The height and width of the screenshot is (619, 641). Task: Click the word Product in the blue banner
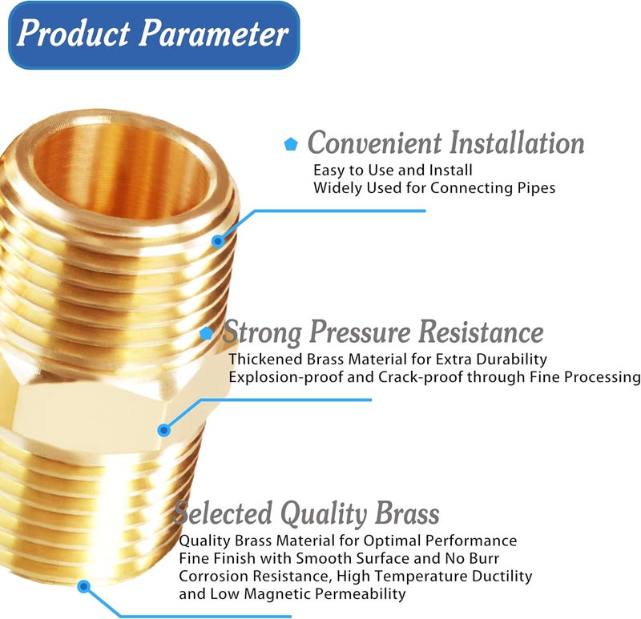pyautogui.click(x=74, y=34)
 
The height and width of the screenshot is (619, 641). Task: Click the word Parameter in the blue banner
pyautogui.click(x=213, y=34)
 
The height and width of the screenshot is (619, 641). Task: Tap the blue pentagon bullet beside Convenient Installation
pyautogui.click(x=291, y=144)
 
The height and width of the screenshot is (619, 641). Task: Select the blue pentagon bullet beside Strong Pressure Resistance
pyautogui.click(x=206, y=333)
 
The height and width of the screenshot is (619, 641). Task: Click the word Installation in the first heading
pyautogui.click(x=517, y=143)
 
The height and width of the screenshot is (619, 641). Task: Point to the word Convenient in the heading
pyautogui.click(x=375, y=143)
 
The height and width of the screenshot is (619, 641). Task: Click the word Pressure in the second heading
pyautogui.click(x=360, y=332)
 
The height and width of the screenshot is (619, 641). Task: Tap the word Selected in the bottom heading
pyautogui.click(x=223, y=513)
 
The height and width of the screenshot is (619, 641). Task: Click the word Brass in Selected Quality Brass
pyautogui.click(x=407, y=513)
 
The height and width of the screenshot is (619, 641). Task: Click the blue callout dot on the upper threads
pyautogui.click(x=218, y=242)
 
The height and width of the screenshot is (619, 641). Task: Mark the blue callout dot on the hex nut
pyautogui.click(x=164, y=430)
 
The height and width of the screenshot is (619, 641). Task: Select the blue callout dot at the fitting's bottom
pyautogui.click(x=84, y=587)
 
